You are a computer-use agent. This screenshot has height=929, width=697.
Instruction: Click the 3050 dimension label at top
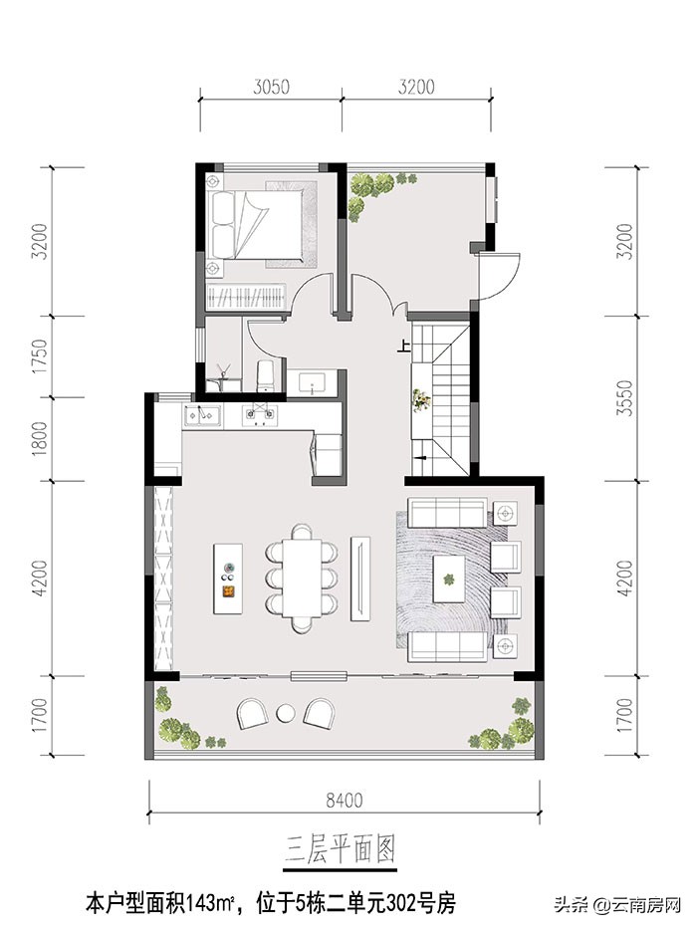point(271,87)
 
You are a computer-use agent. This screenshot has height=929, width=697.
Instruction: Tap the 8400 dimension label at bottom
point(344,801)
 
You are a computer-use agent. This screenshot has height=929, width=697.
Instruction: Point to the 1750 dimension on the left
point(39,355)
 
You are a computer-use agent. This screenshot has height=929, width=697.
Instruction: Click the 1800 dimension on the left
point(39,438)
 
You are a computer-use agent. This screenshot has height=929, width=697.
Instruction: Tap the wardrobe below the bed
point(245,297)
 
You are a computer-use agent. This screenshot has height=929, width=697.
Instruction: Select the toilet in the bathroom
point(265,375)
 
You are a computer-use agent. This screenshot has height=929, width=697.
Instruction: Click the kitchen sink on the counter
point(202,415)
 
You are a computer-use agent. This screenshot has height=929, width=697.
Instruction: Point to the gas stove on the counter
point(259,415)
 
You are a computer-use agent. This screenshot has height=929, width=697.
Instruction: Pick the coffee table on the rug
point(452,579)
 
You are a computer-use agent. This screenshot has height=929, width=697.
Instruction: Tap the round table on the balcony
point(287,713)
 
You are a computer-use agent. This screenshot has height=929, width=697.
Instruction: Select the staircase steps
point(449,398)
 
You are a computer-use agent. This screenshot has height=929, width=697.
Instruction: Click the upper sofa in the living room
point(447,512)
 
